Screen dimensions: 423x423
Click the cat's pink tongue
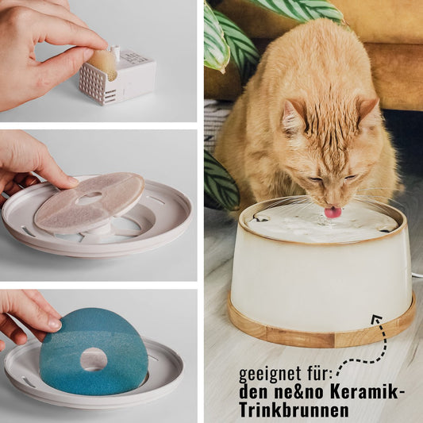[333, 212]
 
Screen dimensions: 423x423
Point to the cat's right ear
[367, 111]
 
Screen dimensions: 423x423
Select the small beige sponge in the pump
[102, 63]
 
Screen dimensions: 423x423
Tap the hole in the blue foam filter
[94, 360]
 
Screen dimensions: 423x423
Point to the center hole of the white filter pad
[89, 198]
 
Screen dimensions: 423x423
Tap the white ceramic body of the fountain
[317, 278]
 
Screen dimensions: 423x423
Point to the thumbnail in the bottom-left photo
[52, 324]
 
